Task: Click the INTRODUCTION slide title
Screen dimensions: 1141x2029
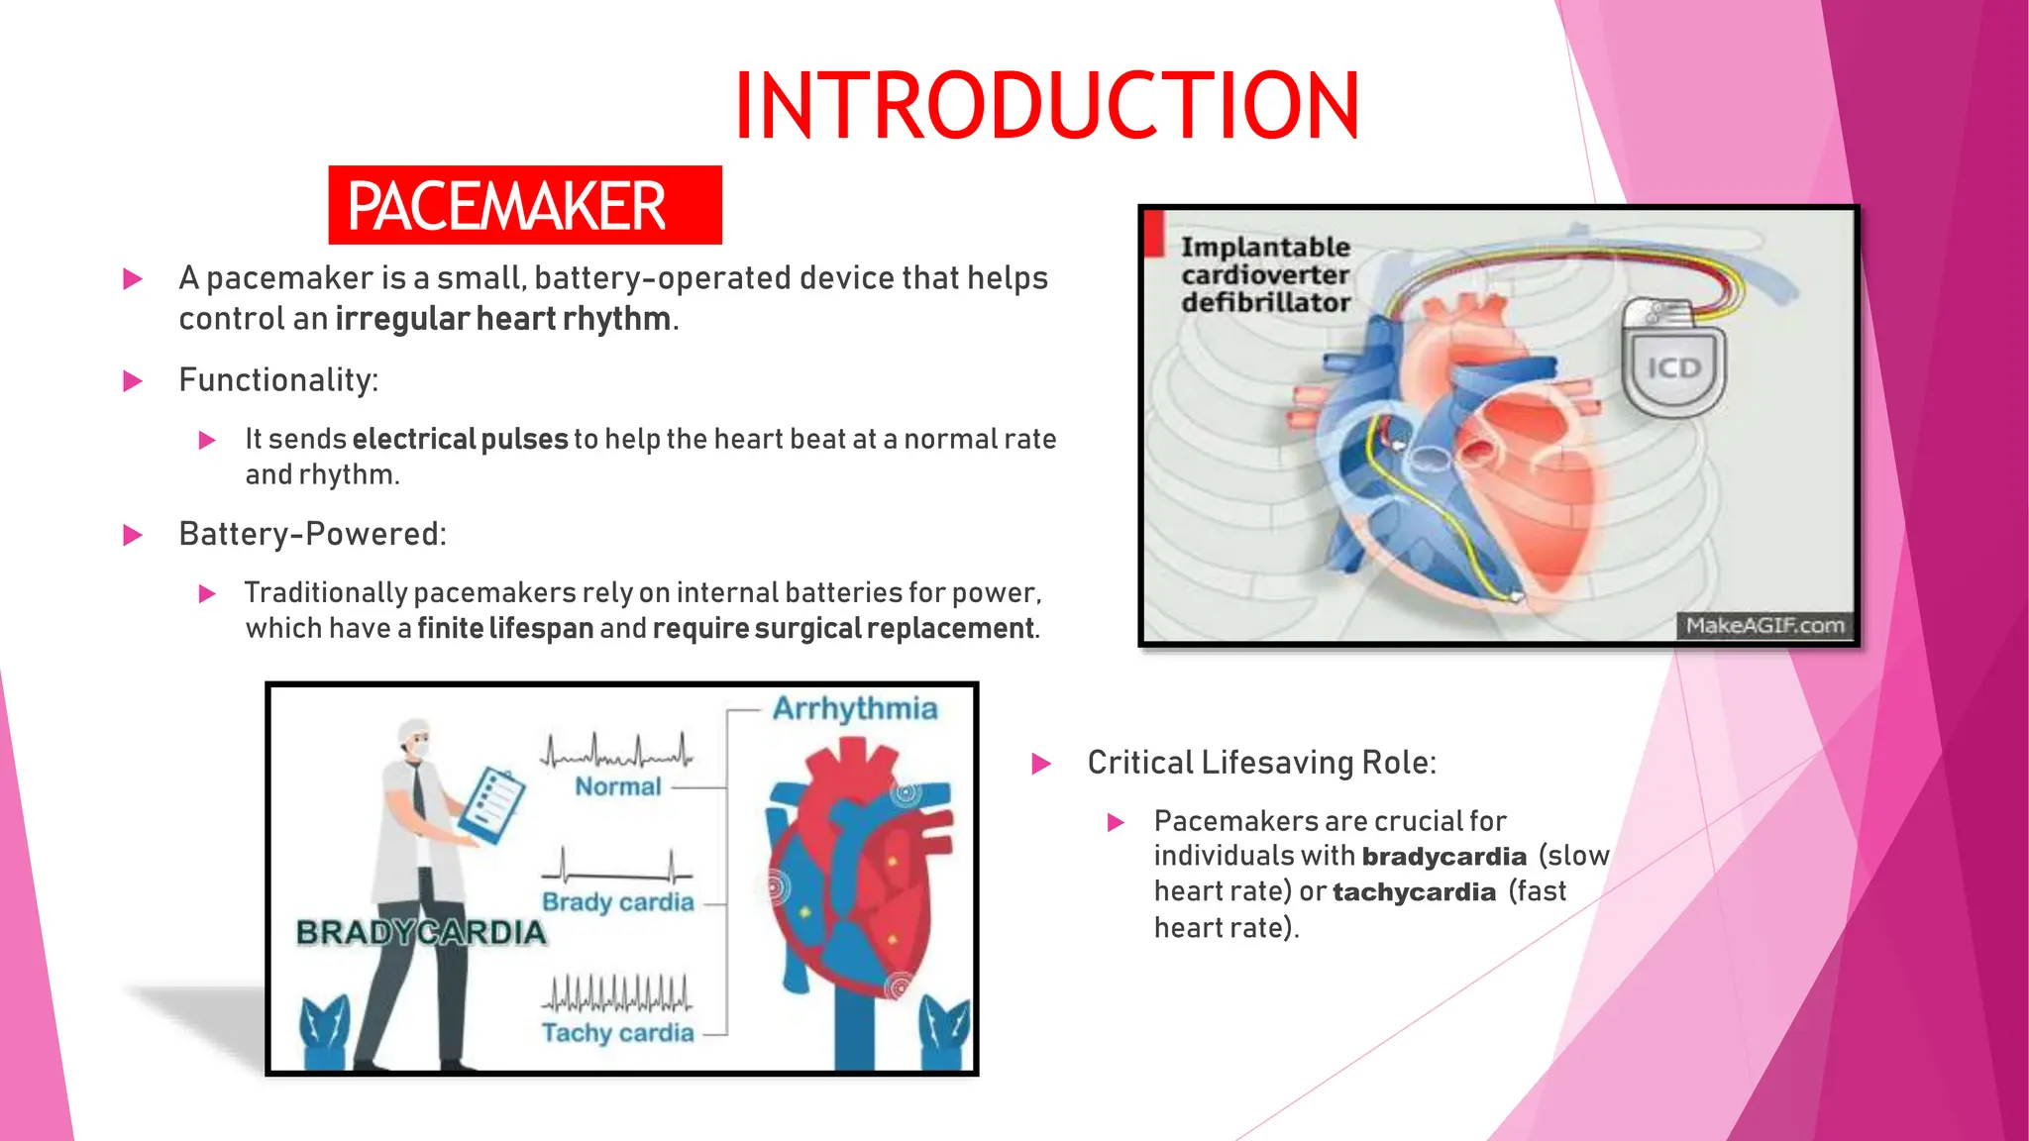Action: pyautogui.click(x=1046, y=106)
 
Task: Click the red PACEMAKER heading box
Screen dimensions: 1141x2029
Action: pyautogui.click(x=524, y=205)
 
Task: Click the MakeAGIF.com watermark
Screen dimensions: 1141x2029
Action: pyautogui.click(x=1764, y=626)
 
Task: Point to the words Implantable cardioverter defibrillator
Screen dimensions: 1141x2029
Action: pyautogui.click(x=1265, y=274)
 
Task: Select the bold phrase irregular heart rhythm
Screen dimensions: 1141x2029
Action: pyautogui.click(x=503, y=319)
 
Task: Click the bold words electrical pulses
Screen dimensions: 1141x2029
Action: pyautogui.click(x=460, y=439)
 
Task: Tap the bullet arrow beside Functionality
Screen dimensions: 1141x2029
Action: pyautogui.click(x=133, y=381)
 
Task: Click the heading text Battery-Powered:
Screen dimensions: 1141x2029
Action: pyautogui.click(x=312, y=534)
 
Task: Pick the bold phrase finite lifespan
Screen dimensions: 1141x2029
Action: pyautogui.click(x=505, y=628)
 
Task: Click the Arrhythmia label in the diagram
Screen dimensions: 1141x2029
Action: pyautogui.click(x=854, y=708)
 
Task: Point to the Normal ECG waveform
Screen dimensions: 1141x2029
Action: pyautogui.click(x=616, y=753)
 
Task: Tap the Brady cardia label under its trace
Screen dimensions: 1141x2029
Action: pyautogui.click(x=617, y=902)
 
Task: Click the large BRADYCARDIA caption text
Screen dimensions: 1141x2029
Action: pyautogui.click(x=421, y=932)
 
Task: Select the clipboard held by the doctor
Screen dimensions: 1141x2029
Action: pyautogui.click(x=490, y=805)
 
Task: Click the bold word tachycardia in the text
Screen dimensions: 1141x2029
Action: pyautogui.click(x=1414, y=892)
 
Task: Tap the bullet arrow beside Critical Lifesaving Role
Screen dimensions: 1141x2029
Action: pyautogui.click(x=1041, y=764)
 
